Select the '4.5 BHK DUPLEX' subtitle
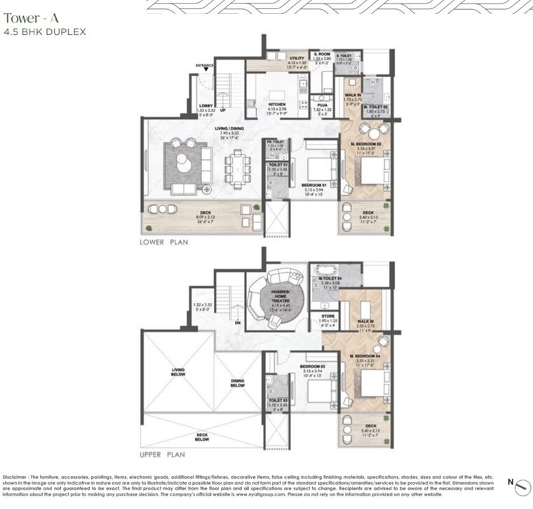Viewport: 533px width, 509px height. click(36, 32)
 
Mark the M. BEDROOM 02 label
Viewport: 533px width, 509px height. click(367, 144)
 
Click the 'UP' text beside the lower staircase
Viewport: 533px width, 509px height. click(223, 111)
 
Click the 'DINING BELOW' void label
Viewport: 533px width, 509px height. click(237, 383)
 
